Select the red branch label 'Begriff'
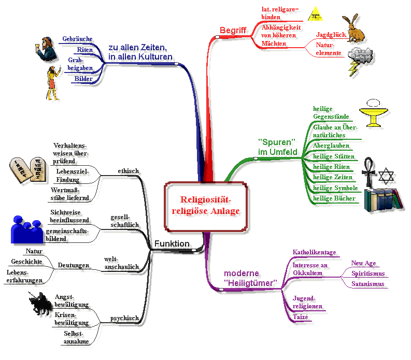[x=233, y=30]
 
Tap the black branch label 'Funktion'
[x=172, y=243]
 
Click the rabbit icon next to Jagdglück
[x=355, y=29]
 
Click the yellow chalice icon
[x=377, y=112]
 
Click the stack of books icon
[x=383, y=199]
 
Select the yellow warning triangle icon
[x=315, y=12]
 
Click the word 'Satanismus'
[x=367, y=284]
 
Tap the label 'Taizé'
[x=301, y=317]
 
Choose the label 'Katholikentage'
[x=314, y=252]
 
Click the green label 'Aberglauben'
[x=331, y=146]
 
